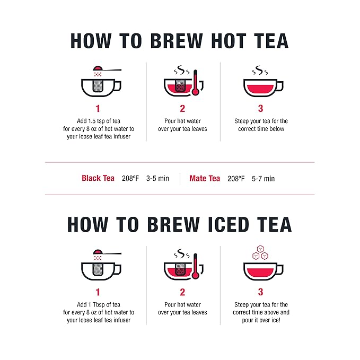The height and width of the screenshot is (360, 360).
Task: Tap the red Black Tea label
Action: tap(98, 179)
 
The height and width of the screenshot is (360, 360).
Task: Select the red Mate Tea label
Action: tap(205, 179)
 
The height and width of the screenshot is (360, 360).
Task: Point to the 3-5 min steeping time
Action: tap(157, 179)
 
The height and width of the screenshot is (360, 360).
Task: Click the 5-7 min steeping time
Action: tap(263, 179)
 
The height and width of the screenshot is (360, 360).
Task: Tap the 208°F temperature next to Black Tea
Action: tap(130, 179)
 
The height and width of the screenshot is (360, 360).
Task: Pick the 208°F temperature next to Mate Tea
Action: tap(236, 179)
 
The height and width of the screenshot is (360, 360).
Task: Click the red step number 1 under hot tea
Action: tap(98, 109)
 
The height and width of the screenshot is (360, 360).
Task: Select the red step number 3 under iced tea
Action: tap(260, 292)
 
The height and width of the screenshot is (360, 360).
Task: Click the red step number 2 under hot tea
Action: tap(182, 109)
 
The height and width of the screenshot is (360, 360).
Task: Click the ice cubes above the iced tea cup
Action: tap(260, 252)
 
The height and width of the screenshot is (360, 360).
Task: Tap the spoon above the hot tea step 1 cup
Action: tap(106, 68)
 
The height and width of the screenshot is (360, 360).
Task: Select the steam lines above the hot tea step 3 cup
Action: tap(260, 71)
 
